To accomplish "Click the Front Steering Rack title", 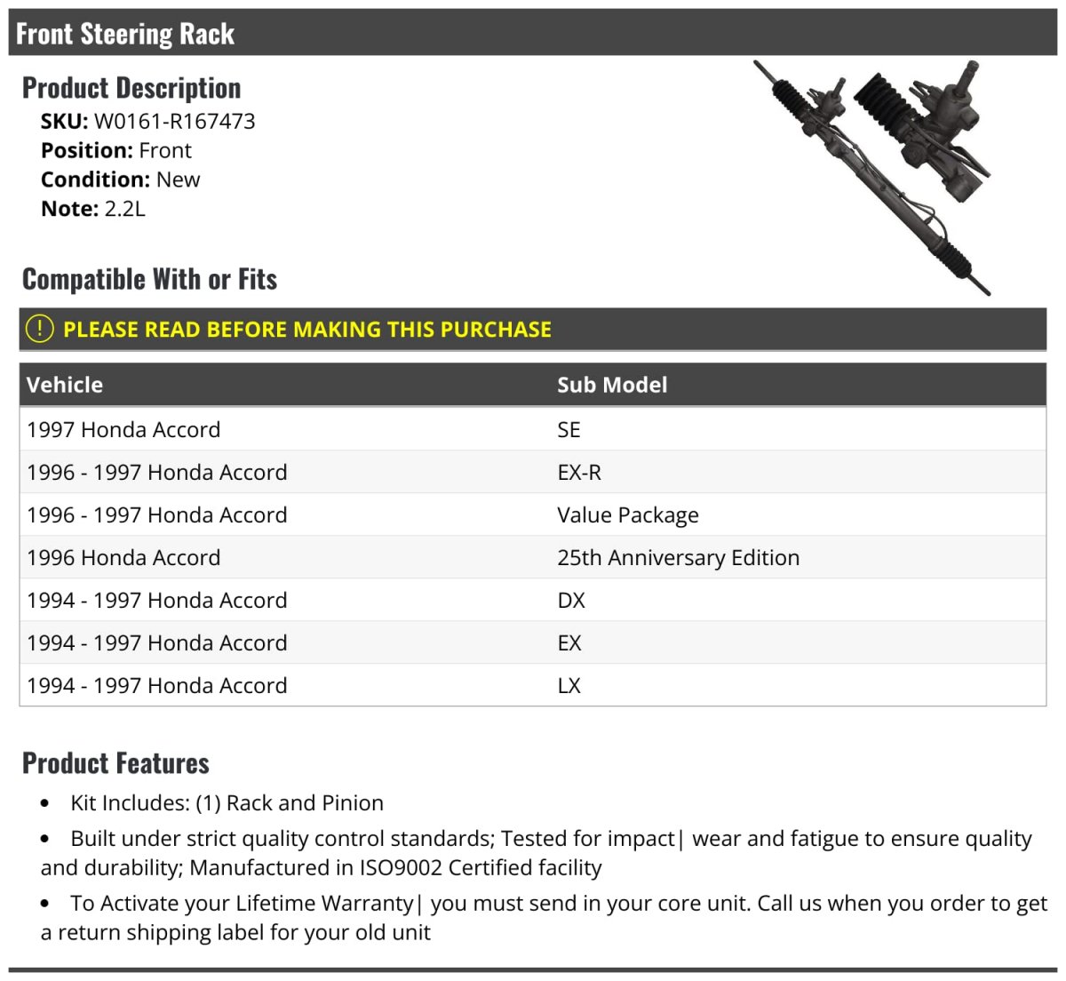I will pyautogui.click(x=125, y=34).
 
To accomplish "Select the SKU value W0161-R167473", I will pyautogui.click(x=174, y=121).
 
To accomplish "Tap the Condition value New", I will pyautogui.click(x=178, y=179).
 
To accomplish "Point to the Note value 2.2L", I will pyautogui.click(x=124, y=209).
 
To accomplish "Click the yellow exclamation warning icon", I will pyautogui.click(x=40, y=329).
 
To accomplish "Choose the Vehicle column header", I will pyautogui.click(x=65, y=385).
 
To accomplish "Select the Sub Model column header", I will pyautogui.click(x=612, y=385).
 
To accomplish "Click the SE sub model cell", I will pyautogui.click(x=569, y=430).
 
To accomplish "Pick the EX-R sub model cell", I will pyautogui.click(x=579, y=473).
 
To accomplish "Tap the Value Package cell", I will pyautogui.click(x=628, y=515).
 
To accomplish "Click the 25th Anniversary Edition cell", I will pyautogui.click(x=678, y=558).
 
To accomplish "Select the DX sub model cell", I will pyautogui.click(x=571, y=601).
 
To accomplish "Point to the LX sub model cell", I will pyautogui.click(x=569, y=686).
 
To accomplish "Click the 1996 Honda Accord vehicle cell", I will pyautogui.click(x=123, y=558).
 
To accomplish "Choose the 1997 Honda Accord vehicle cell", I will pyautogui.click(x=123, y=430).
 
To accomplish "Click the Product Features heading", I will pyautogui.click(x=115, y=763).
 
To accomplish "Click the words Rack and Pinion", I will pyautogui.click(x=305, y=803).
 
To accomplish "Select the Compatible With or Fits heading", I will pyautogui.click(x=149, y=279).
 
